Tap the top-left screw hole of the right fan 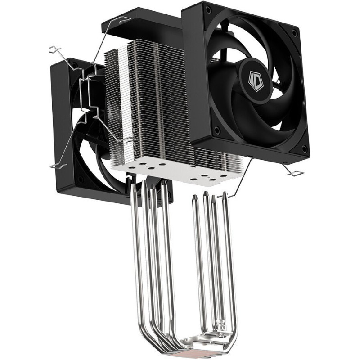208,9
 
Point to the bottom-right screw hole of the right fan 304,148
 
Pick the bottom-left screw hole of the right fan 216,130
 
